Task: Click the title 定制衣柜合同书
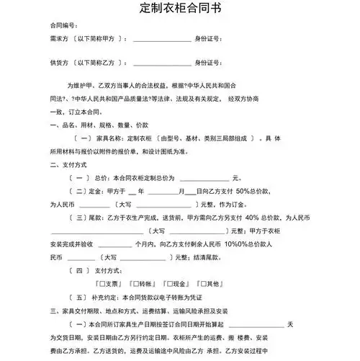point(179,10)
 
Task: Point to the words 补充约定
point(105,297)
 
